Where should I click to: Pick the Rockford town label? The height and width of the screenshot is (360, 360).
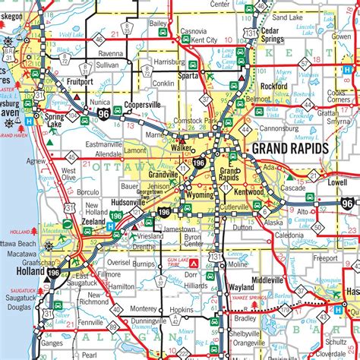(x=273, y=87)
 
